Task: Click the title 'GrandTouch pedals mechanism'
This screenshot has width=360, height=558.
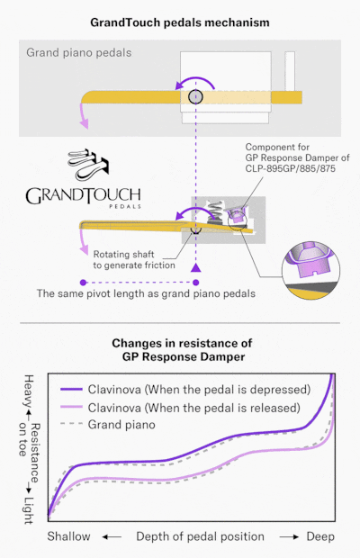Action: (180, 22)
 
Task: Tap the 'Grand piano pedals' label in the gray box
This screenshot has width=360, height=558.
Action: (79, 53)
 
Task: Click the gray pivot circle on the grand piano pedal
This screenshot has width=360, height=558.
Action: (195, 96)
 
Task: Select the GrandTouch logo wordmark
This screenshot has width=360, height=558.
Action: (83, 195)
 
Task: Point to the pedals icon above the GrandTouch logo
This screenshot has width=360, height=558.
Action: (88, 165)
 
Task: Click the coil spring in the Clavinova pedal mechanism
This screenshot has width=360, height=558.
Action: (216, 211)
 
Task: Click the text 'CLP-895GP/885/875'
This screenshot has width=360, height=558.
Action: (291, 168)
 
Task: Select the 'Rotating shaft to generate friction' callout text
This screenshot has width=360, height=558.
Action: (134, 260)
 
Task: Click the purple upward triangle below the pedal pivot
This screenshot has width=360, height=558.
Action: (195, 268)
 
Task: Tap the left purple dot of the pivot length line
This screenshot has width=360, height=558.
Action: (83, 283)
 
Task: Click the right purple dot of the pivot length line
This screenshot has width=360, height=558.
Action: (195, 283)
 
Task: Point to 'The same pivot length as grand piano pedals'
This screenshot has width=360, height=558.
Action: (146, 293)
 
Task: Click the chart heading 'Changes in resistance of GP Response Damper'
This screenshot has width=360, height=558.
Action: (182, 350)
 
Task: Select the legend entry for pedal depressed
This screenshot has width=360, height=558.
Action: (185, 390)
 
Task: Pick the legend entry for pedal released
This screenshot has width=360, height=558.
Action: (180, 408)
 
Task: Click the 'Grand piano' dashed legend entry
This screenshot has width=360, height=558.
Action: (108, 425)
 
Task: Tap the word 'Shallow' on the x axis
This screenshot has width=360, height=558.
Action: (69, 536)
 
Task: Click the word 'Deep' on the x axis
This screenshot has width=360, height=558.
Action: (320, 536)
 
